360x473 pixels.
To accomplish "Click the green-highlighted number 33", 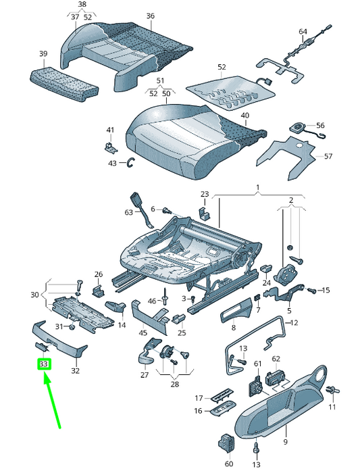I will pyautogui.click(x=44, y=364).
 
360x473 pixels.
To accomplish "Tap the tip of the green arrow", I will pyautogui.click(x=45, y=374).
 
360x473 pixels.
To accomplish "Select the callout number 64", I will pyautogui.click(x=303, y=32).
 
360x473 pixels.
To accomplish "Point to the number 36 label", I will pyautogui.click(x=150, y=16).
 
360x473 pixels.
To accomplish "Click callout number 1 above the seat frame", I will pyautogui.click(x=257, y=186).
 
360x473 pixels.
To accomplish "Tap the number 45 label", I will pyautogui.click(x=143, y=332).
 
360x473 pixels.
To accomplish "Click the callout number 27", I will pyautogui.click(x=144, y=374).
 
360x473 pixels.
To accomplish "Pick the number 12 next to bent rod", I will pyautogui.click(x=293, y=323).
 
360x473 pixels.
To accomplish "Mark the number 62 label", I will pyautogui.click(x=276, y=359).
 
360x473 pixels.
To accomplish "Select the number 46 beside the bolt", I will pyautogui.click(x=152, y=301).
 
